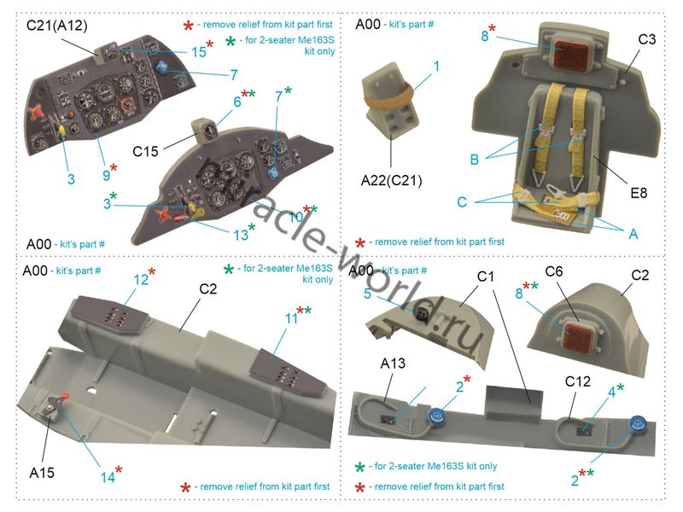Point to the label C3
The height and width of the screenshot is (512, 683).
coord(646,40)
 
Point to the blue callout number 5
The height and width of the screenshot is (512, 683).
coord(366,294)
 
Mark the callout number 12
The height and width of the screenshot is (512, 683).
coord(140,278)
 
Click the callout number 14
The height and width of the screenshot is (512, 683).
coord(108,478)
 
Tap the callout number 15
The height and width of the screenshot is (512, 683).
coord(198,52)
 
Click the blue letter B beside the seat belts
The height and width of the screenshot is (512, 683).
coord(474,158)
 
